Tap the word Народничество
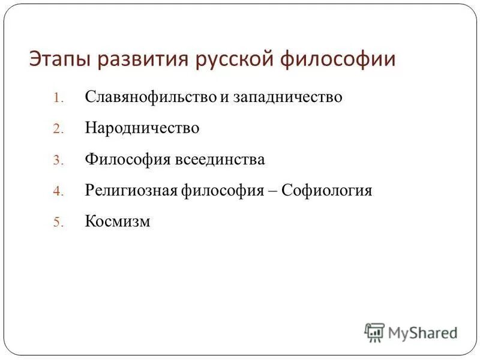pyautogui.click(x=142, y=128)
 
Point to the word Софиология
pyautogui.click(x=327, y=191)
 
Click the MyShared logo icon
pyautogui.click(x=374, y=332)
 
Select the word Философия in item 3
pyautogui.click(x=128, y=160)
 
